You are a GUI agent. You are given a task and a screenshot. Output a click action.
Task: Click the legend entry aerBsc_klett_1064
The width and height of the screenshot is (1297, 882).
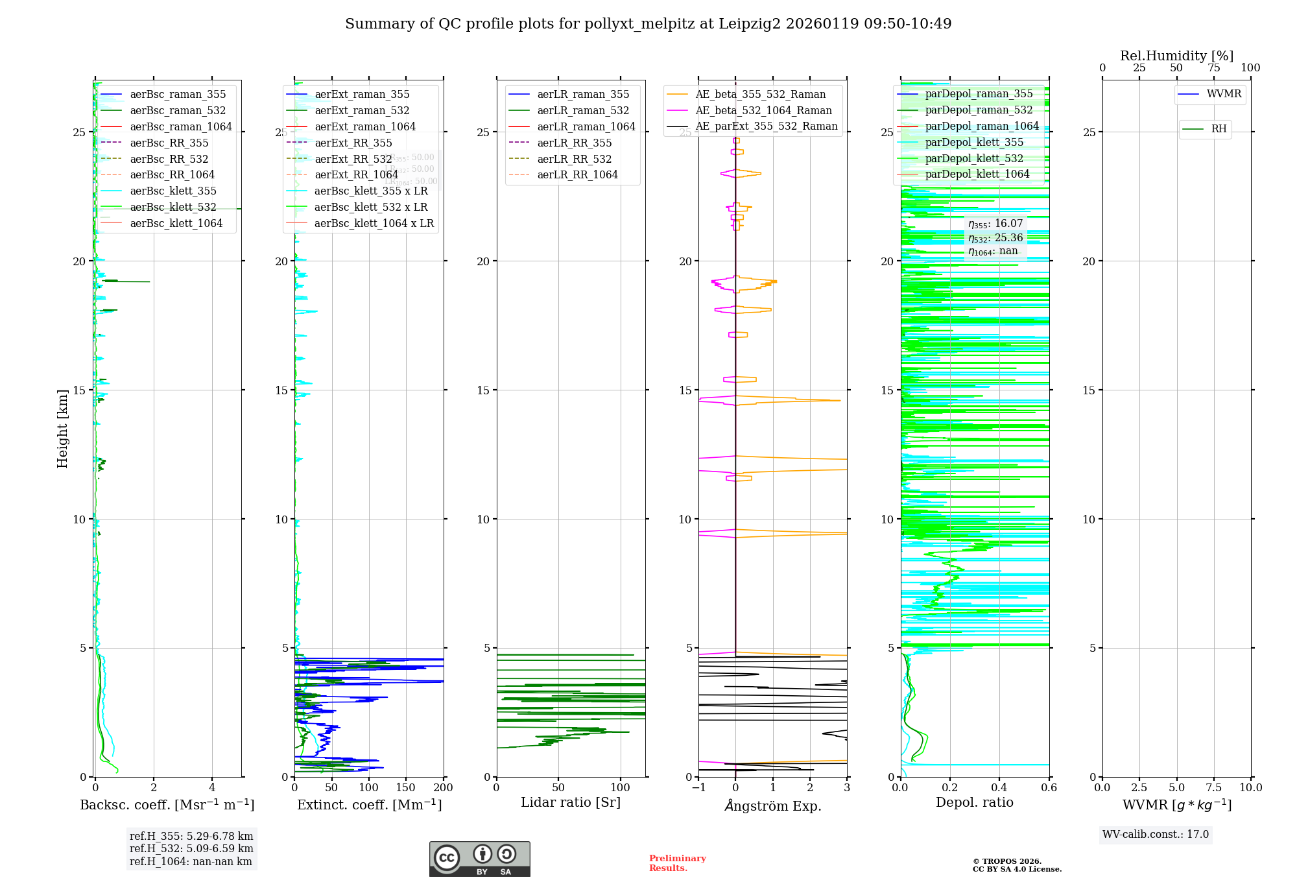pos(176,223)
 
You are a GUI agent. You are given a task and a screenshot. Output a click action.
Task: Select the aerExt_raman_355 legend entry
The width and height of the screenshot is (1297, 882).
pos(362,95)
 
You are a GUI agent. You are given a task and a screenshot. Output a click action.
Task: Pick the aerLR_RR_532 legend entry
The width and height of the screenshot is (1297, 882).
pos(574,159)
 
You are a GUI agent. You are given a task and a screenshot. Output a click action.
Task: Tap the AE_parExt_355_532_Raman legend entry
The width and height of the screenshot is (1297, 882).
pos(766,126)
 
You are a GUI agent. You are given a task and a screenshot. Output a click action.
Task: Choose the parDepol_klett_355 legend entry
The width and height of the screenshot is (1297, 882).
pos(974,143)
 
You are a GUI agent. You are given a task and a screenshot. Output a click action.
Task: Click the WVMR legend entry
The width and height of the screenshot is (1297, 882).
pos(1224,94)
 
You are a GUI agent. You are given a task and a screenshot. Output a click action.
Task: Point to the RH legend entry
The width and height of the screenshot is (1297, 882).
pos(1219,129)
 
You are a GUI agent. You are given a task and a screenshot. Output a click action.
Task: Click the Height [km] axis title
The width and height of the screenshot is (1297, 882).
pos(62,429)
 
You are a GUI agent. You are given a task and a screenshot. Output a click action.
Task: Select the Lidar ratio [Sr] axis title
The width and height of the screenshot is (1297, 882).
pos(571,802)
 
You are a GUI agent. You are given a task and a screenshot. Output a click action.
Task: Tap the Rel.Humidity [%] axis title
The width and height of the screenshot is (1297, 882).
pos(1176,56)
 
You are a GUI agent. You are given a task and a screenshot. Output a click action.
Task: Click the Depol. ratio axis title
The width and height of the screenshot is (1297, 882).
pos(974,802)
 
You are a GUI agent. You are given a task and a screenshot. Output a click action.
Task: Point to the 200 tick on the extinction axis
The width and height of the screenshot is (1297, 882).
pos(444,788)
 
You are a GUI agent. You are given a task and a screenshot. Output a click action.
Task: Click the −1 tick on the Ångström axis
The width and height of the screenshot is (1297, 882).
pos(698,788)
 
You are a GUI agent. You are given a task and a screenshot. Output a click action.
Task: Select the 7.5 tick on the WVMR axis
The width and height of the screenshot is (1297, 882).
pos(1214,788)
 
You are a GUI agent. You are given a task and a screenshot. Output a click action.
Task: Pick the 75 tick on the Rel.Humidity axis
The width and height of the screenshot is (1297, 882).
pos(1213,68)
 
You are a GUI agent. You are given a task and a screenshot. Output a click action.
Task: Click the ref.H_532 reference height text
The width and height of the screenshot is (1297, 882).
pos(191,849)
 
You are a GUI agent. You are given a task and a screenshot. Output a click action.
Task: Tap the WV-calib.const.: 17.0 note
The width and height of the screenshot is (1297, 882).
pos(1156,835)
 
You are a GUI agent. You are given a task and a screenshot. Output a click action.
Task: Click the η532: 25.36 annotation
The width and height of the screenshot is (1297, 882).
pos(995,238)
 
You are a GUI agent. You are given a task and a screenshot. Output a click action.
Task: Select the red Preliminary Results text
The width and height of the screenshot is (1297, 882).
pos(677,863)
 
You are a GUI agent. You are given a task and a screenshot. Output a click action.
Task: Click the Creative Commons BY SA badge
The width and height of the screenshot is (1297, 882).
pos(479,859)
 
